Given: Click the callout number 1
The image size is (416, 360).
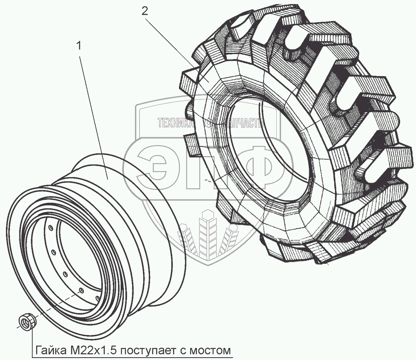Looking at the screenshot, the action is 79,46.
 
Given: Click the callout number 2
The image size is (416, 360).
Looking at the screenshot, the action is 144,11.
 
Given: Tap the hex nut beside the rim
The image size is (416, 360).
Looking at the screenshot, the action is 28,321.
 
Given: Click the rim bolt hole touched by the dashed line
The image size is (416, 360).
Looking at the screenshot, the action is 81,291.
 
